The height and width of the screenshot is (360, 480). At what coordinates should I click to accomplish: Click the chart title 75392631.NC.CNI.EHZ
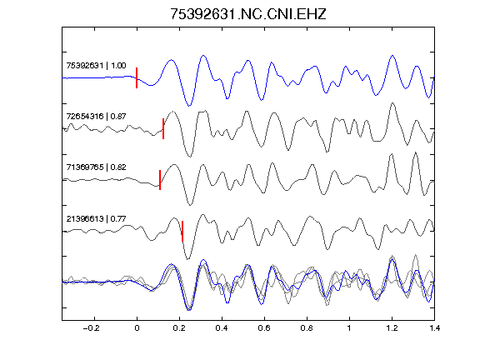pos(248,14)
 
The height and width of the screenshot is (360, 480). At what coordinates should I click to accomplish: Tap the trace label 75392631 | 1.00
pos(96,66)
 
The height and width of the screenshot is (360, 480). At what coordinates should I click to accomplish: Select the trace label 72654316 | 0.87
pos(96,117)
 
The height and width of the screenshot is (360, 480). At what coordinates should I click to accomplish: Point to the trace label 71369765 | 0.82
pos(96,167)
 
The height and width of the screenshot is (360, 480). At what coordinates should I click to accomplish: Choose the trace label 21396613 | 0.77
pos(96,218)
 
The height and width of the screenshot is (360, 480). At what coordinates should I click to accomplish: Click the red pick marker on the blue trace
pos(137,77)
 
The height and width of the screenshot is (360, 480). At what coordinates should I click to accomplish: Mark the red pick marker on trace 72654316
pos(163,128)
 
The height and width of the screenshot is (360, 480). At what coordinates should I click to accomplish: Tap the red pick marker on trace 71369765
pos(160,180)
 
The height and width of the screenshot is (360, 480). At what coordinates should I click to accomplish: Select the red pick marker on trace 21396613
pos(182,231)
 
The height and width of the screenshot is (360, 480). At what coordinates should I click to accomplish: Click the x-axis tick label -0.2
pos(91,328)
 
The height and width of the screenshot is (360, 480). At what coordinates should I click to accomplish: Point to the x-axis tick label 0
pos(137,328)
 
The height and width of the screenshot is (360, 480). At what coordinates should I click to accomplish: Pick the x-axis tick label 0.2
pos(179,328)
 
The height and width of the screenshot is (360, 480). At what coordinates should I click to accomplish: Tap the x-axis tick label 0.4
pos(222,328)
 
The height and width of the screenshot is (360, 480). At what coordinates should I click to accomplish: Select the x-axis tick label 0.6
pos(264,328)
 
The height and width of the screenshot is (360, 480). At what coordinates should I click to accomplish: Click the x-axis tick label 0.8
pos(307,328)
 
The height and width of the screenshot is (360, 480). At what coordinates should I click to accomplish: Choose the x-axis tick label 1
pos(349,328)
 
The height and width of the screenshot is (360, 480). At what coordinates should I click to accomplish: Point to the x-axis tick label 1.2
pos(392,328)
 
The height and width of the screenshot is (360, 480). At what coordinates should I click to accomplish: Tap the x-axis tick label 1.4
pos(434,328)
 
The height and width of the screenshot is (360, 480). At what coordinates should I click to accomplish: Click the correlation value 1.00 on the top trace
pos(118,66)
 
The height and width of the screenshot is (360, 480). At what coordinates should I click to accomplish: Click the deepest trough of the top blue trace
pos(189,106)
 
